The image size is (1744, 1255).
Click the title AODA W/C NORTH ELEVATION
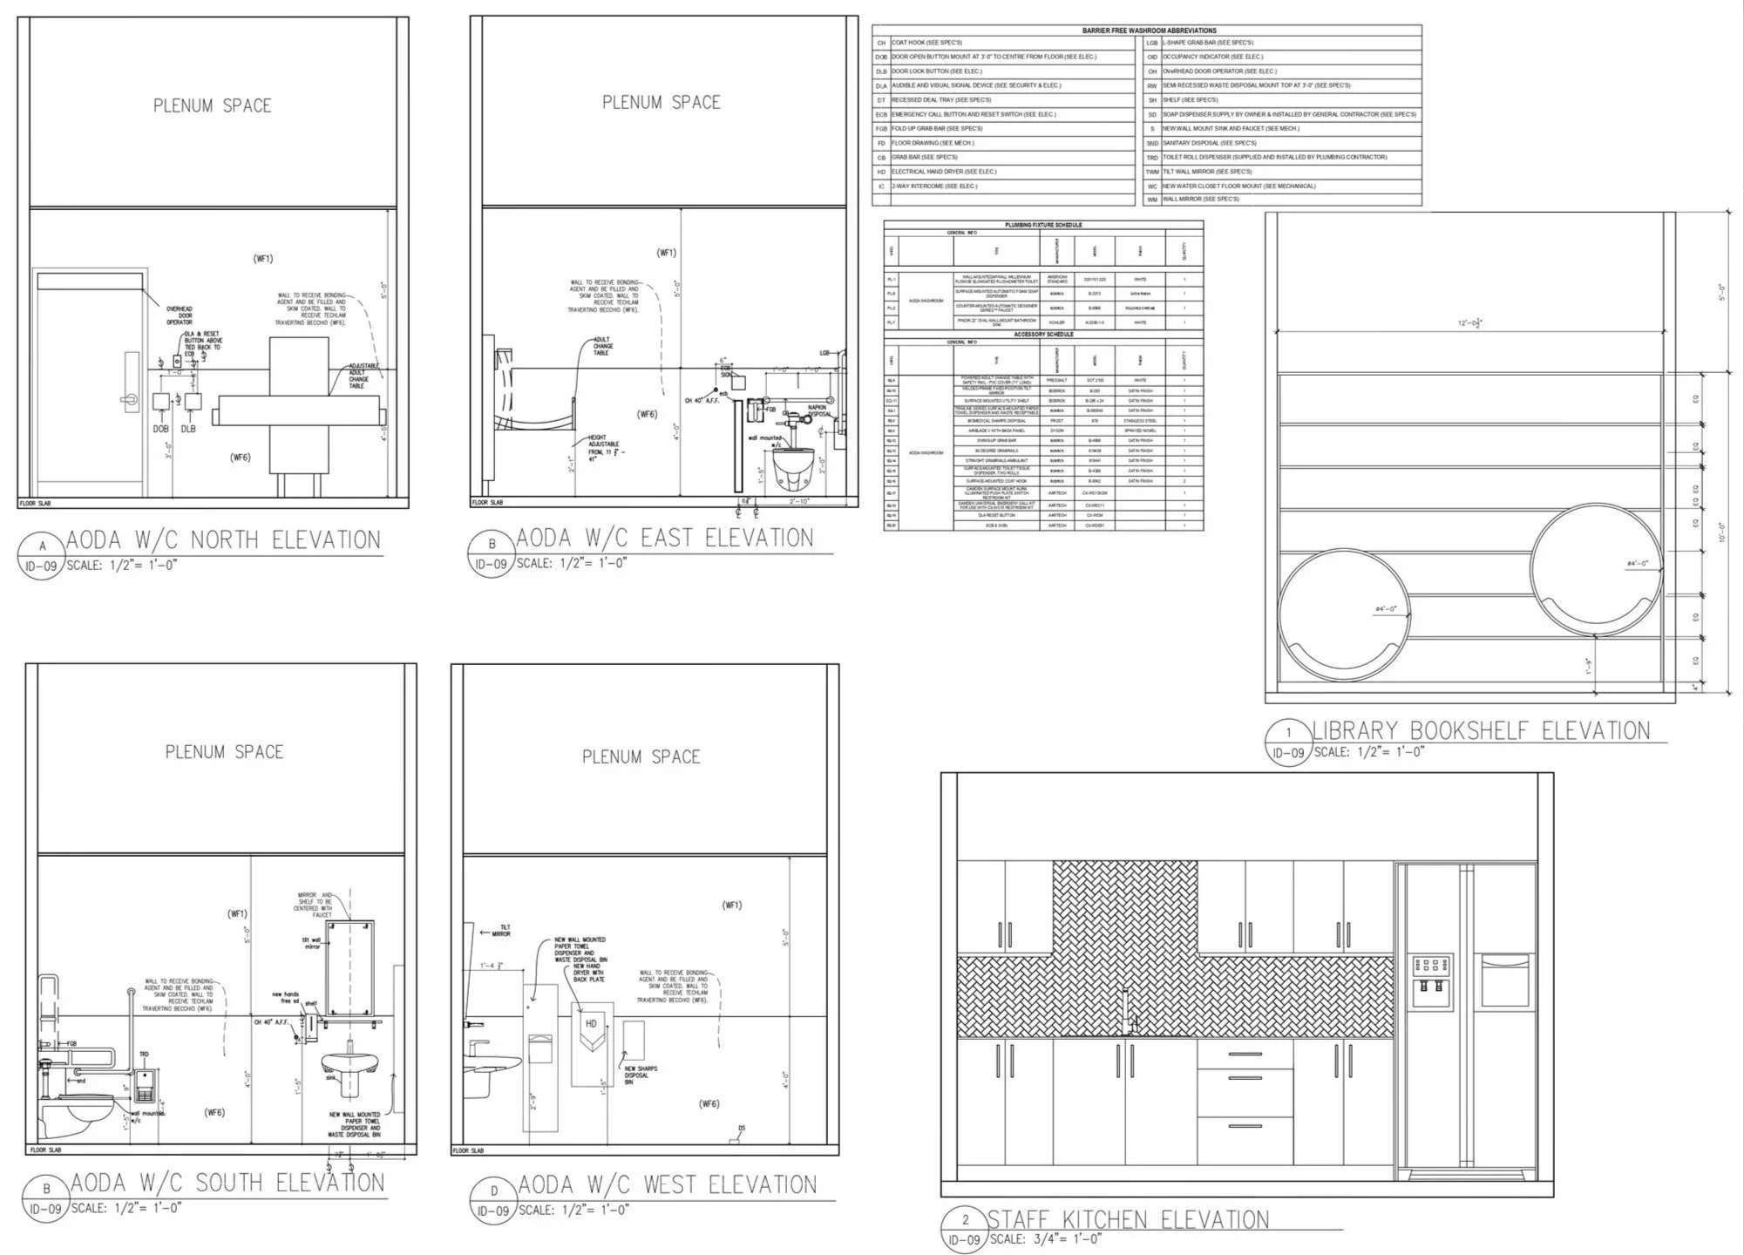[223, 540]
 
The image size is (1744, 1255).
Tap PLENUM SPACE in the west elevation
[641, 756]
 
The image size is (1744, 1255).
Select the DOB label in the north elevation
[161, 429]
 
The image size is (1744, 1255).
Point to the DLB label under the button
[188, 429]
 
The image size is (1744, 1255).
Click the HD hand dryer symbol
[591, 1025]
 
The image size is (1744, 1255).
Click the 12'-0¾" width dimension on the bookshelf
[1469, 323]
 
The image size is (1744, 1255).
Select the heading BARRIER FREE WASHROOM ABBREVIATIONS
[1149, 31]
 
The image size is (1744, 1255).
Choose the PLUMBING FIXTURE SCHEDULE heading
[1043, 225]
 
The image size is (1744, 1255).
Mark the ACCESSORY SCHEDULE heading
[1043, 335]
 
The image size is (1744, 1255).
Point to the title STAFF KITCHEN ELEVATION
[1128, 1219]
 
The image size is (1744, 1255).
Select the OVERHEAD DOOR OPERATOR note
[180, 315]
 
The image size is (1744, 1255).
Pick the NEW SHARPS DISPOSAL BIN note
[641, 1075]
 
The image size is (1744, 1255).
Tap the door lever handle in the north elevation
[130, 398]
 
